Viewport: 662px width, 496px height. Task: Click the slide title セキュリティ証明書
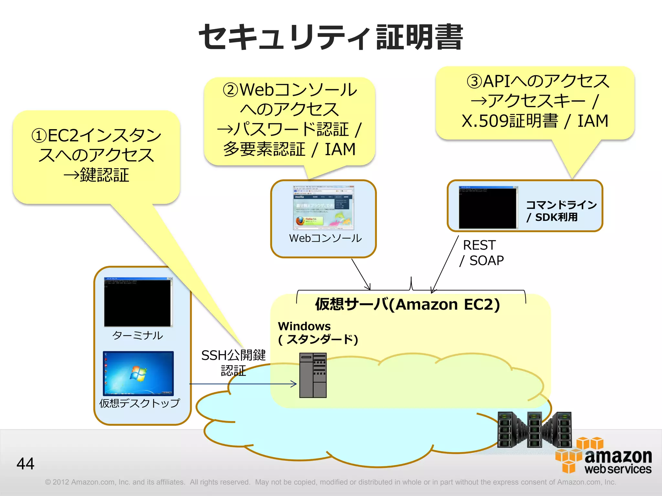(331, 37)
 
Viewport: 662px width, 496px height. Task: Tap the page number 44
(26, 464)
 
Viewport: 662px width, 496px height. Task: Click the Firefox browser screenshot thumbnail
(324, 207)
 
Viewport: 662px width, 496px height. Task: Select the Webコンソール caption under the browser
(325, 238)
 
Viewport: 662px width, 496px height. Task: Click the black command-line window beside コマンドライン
(488, 207)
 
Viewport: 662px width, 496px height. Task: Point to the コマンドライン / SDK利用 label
(561, 211)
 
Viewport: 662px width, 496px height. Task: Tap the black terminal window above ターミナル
(138, 302)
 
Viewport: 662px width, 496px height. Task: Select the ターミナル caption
(138, 336)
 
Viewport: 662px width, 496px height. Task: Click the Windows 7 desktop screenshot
(138, 373)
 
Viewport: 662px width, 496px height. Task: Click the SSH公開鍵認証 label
(233, 363)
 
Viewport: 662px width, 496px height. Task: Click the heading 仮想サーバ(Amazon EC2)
(407, 305)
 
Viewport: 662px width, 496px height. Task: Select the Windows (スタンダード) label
(318, 333)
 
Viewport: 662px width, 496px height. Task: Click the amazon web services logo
(604, 457)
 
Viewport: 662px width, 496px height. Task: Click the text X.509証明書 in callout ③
(510, 121)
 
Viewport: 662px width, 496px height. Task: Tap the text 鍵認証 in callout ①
(104, 175)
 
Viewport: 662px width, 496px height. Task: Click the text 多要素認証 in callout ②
(264, 150)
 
